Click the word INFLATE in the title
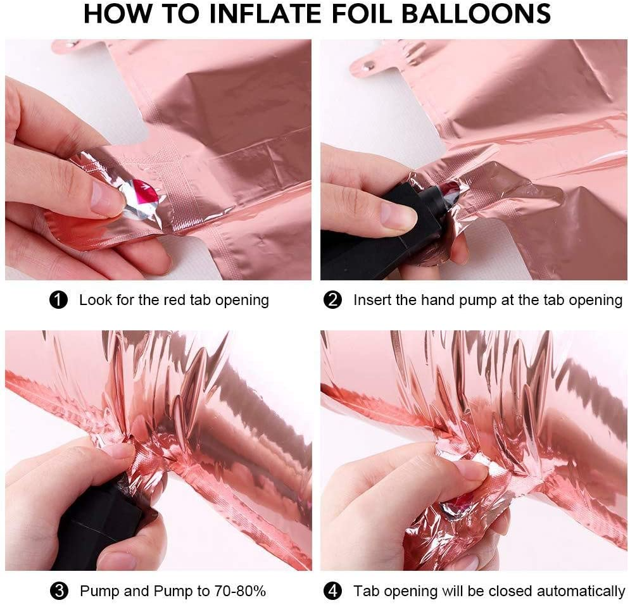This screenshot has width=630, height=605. coord(265,14)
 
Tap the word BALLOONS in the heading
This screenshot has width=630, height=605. coord(476,14)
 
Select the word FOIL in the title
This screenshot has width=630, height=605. coord(361,14)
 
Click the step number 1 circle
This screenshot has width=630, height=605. coord(58,300)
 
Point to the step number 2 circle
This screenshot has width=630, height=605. coord(332,300)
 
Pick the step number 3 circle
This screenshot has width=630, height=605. coord(59,591)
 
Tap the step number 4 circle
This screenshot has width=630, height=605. coord(332,591)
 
